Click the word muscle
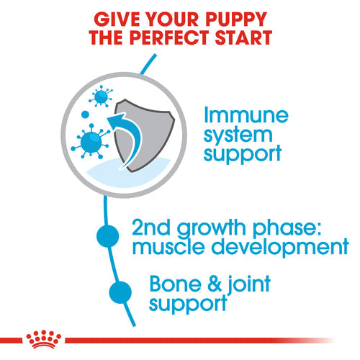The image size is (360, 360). [x=171, y=248]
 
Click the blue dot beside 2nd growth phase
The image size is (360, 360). [x=107, y=235]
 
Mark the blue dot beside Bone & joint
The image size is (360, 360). [x=120, y=292]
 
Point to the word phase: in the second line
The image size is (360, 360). [x=288, y=229]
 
